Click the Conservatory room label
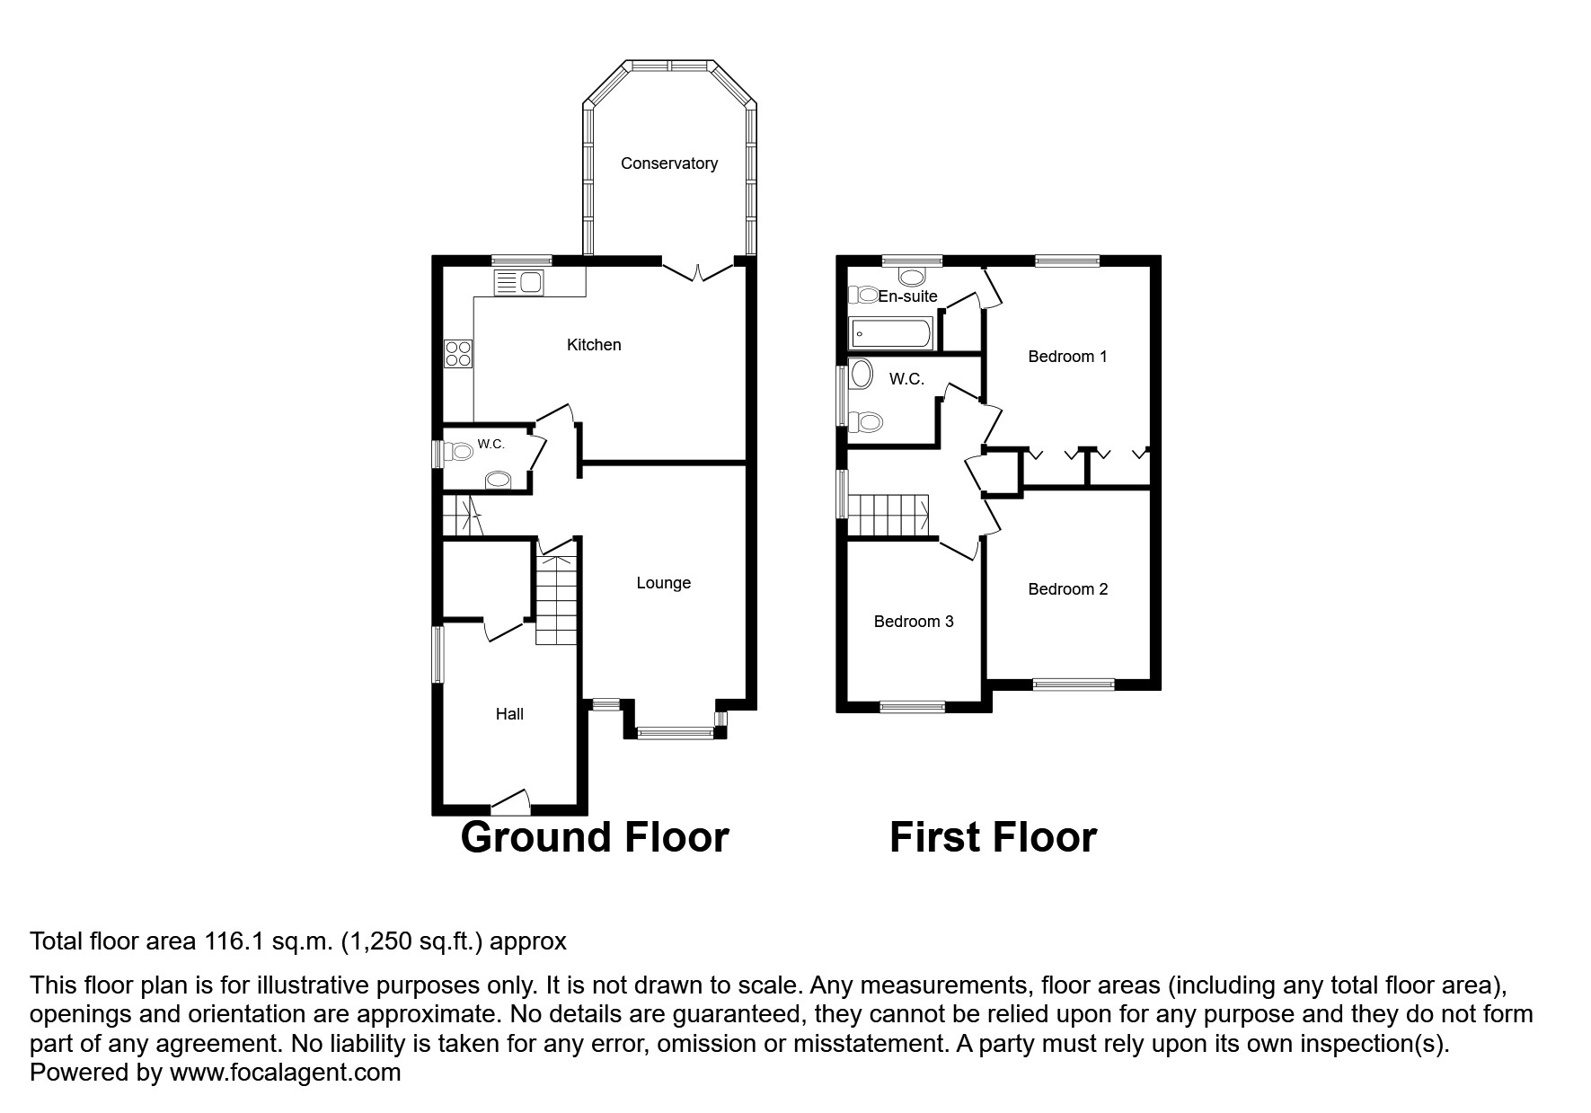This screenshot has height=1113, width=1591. click(668, 163)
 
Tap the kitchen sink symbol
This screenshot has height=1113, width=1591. click(519, 282)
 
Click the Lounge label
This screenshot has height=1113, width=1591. click(663, 583)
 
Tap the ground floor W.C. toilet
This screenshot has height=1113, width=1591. click(460, 452)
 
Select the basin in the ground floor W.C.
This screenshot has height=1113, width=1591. click(497, 481)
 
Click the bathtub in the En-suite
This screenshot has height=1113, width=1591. click(891, 334)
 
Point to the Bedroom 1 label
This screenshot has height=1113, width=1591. click(1066, 357)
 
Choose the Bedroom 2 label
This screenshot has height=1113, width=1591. click(1067, 589)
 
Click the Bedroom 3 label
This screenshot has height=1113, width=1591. click(913, 622)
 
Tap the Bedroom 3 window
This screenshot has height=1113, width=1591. click(912, 707)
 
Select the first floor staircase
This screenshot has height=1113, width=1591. click(888, 516)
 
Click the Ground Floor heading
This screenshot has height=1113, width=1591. click(594, 837)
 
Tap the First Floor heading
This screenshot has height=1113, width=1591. click(993, 837)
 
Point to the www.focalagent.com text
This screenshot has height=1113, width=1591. click(285, 1073)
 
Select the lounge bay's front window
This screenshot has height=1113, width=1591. click(675, 734)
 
